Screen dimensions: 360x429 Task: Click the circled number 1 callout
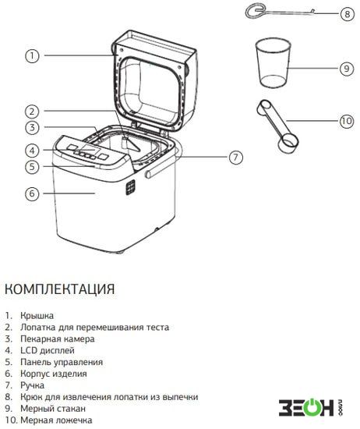(32, 56)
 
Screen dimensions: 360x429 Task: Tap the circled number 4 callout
(32, 151)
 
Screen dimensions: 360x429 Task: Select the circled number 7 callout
(235, 158)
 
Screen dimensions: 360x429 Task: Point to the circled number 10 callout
(347, 121)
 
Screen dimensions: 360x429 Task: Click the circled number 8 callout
(348, 14)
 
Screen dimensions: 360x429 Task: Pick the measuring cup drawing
(273, 62)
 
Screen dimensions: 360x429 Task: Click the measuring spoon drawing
(277, 126)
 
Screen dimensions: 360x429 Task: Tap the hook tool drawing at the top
(279, 12)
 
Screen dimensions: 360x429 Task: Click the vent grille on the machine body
(130, 187)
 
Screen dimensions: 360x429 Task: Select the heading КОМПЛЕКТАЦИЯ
(59, 289)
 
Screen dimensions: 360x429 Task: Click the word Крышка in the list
(37, 315)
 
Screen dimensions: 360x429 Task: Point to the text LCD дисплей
(48, 350)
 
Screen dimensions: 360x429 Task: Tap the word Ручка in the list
(32, 385)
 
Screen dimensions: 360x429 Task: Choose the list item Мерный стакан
(53, 409)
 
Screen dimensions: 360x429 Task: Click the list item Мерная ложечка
(56, 420)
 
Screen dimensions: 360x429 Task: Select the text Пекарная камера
(58, 339)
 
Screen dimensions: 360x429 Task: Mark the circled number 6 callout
(32, 193)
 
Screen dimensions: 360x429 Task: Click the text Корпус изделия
(54, 374)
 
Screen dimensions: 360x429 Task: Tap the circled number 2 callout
(32, 112)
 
